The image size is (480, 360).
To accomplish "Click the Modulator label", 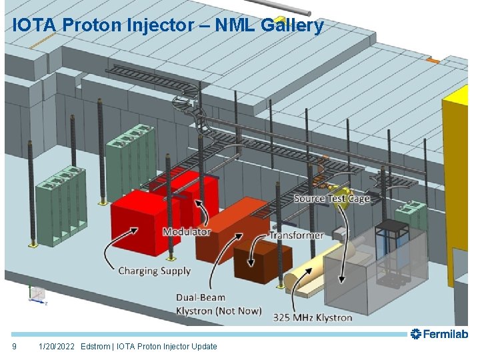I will point(187,232).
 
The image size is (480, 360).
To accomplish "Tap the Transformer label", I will point(296,235).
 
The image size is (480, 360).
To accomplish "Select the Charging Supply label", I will point(154,271).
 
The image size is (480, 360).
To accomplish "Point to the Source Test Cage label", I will point(331,198).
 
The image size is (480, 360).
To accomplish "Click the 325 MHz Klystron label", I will point(313,317).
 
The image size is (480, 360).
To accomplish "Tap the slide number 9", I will point(15,346).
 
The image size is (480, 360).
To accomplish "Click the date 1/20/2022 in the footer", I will point(57,346).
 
